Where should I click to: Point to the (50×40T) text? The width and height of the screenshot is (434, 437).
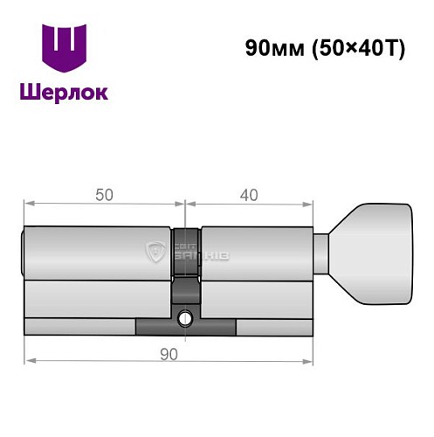(x=357, y=49)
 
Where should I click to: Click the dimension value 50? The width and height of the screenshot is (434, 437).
(x=104, y=197)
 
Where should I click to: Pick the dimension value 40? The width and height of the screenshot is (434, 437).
(x=250, y=197)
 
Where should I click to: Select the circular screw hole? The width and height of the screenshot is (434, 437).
(x=186, y=318)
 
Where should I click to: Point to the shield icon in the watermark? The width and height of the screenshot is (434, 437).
(x=157, y=253)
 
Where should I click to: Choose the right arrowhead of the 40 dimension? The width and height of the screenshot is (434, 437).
(x=308, y=205)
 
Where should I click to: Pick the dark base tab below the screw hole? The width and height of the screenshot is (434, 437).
(x=186, y=329)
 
